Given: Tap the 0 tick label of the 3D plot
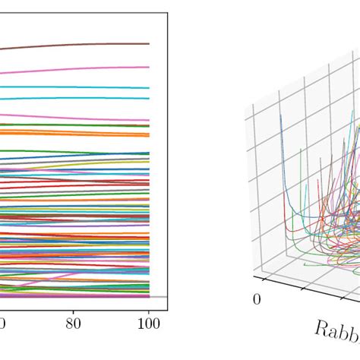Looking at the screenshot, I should pyautogui.click(x=257, y=299).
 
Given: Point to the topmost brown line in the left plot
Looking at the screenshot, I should pyautogui.click(x=76, y=45).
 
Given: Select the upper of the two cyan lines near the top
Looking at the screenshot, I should pyautogui.click(x=76, y=87).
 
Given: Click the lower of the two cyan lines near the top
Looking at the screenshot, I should pyautogui.click(x=76, y=99).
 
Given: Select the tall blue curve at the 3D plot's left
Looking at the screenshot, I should pyautogui.click(x=282, y=152).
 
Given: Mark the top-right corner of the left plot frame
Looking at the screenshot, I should pyautogui.click(x=167, y=14).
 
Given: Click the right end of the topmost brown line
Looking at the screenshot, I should pyautogui.click(x=149, y=44).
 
